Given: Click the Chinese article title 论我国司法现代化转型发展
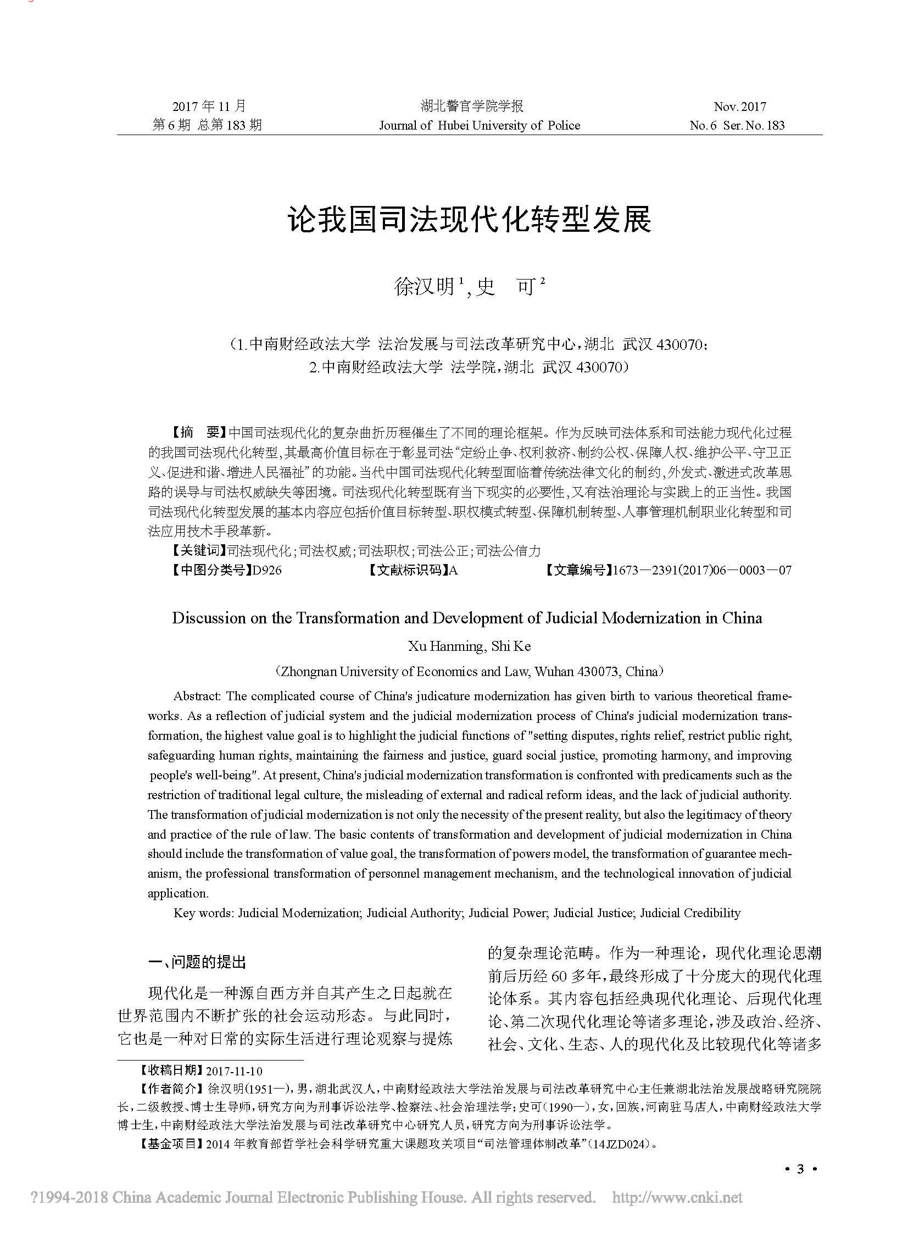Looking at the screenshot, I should point(470,220).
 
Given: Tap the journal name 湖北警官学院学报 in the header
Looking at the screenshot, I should point(472,106).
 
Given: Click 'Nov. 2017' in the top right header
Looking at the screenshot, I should point(739,107).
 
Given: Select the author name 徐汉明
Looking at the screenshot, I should point(424,287).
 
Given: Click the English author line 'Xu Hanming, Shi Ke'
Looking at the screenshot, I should point(470,646).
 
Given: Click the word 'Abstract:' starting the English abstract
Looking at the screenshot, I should point(197,696).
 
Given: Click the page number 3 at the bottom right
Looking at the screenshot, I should point(800,1169).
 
